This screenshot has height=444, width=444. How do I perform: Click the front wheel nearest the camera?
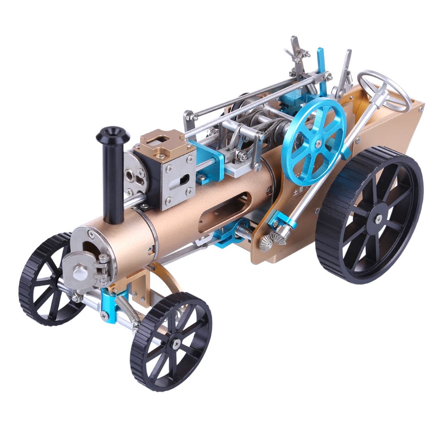171,341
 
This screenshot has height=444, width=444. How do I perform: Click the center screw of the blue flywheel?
318,142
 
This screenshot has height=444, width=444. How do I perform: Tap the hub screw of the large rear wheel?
378,219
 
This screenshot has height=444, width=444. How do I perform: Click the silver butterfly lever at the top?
297,50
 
